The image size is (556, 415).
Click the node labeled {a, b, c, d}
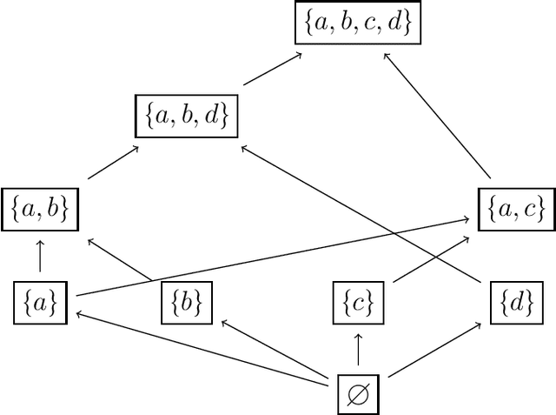357,24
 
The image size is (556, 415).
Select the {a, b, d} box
187,117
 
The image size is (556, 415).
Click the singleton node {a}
39,302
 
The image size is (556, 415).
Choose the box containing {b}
187,302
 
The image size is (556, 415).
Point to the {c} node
357,302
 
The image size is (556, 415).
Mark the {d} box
516,302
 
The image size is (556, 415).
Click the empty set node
357,394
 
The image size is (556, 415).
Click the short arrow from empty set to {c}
357,348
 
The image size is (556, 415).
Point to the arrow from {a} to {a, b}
39,256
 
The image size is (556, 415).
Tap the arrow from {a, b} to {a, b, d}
113,163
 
